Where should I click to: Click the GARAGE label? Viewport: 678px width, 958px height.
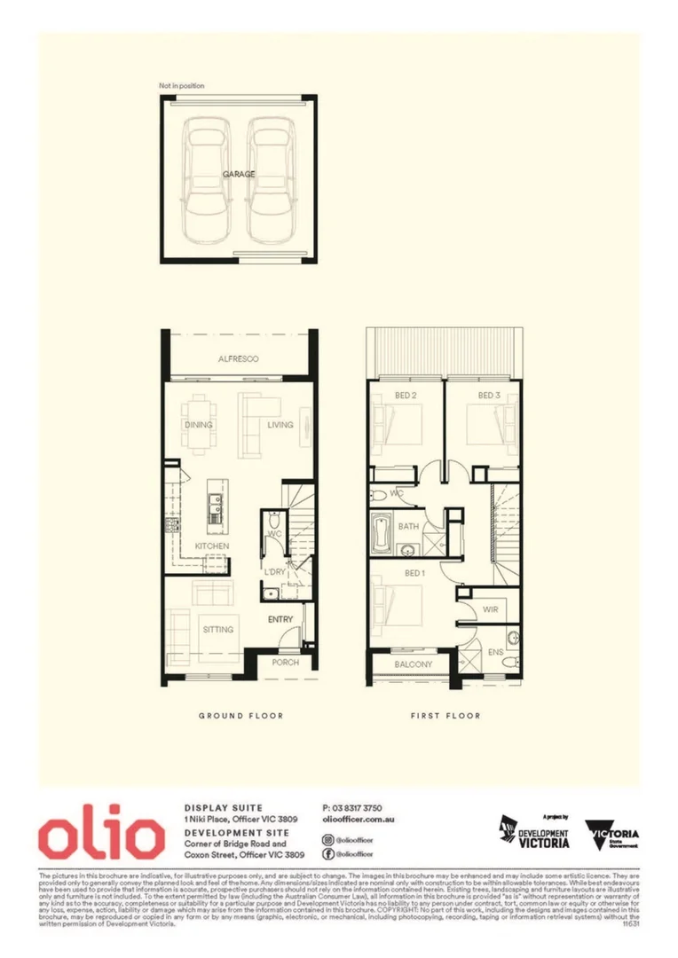(239, 175)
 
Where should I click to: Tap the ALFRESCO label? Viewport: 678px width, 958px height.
(238, 359)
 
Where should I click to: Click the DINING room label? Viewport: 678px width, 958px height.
(199, 425)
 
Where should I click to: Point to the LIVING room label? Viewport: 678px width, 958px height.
(280, 425)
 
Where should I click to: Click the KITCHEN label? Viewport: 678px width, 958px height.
(213, 546)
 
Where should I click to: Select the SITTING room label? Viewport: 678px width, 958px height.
(217, 629)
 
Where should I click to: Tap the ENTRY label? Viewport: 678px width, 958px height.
(280, 619)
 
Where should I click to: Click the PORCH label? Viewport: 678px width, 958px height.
(286, 663)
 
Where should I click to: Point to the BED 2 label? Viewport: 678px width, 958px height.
(406, 396)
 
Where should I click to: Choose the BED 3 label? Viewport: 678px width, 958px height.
(489, 396)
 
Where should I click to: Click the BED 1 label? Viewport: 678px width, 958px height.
(414, 573)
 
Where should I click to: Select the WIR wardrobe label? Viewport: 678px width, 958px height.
(490, 610)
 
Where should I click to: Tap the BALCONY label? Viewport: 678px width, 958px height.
(413, 664)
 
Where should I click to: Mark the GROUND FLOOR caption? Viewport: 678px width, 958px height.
(240, 715)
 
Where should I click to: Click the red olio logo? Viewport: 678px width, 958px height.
(100, 836)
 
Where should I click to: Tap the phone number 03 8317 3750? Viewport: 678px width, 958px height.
(352, 808)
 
